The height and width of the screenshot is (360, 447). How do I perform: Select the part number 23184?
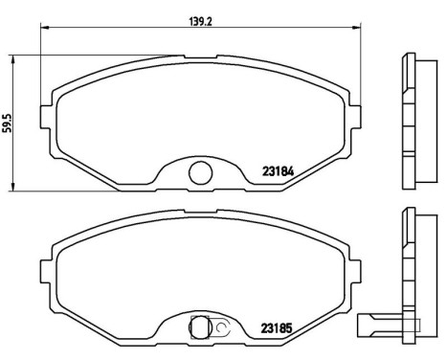tap(279, 173)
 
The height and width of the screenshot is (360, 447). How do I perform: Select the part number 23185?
tap(279, 327)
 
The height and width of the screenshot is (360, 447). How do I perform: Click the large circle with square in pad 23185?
tap(200, 326)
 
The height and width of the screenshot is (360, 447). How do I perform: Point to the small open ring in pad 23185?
tap(220, 326)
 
